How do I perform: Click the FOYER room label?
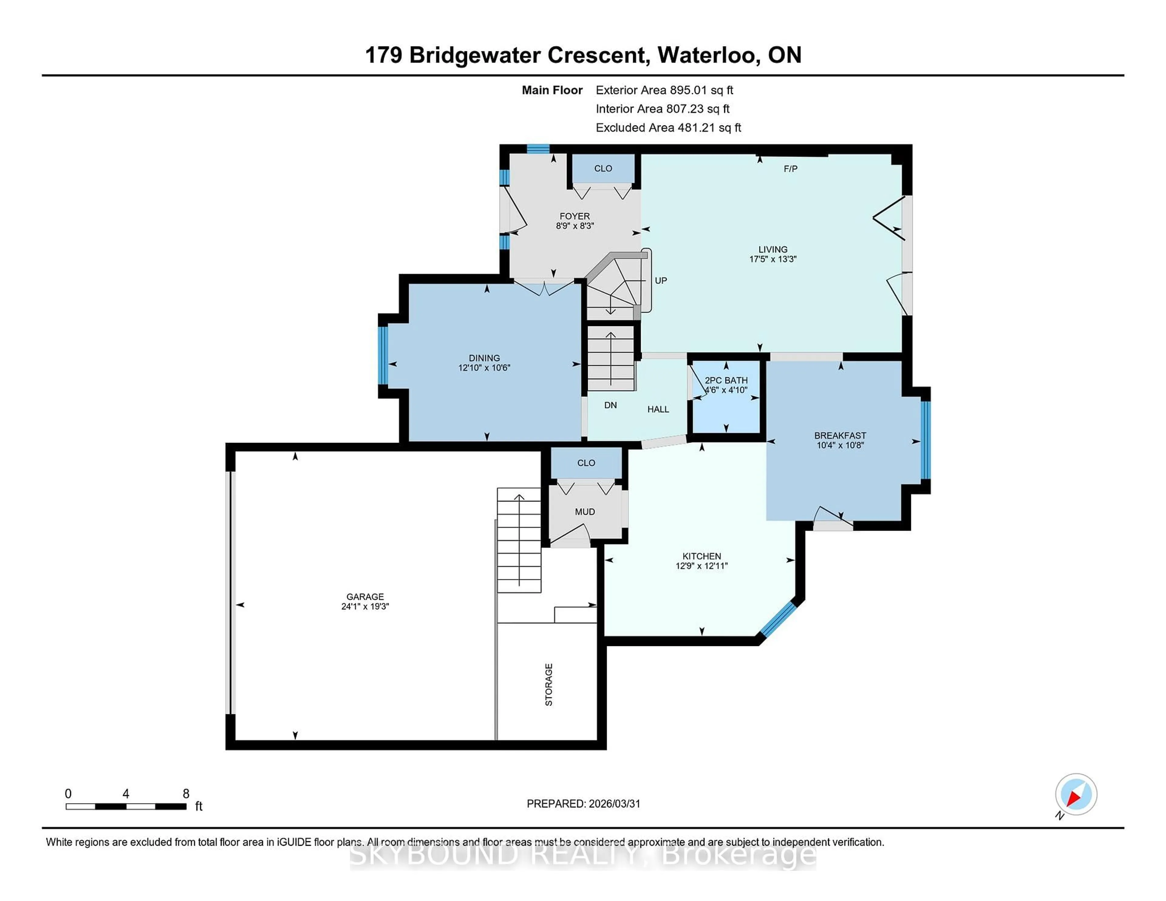click(574, 216)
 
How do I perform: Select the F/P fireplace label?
click(790, 169)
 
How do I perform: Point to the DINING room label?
click(484, 358)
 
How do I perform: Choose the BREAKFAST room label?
click(840, 436)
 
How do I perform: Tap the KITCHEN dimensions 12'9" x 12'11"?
click(701, 566)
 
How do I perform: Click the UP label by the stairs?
click(660, 281)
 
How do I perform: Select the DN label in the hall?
click(610, 406)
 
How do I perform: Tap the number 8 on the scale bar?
click(186, 794)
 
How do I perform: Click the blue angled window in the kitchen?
click(777, 619)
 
